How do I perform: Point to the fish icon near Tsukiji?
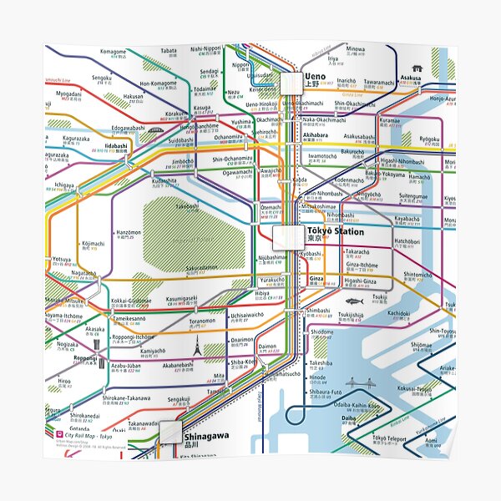click(x=351, y=299)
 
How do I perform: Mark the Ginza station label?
click(x=316, y=277)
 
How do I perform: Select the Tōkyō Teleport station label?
click(x=390, y=438)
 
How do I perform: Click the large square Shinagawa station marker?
click(x=171, y=431)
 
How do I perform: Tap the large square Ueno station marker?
click(x=294, y=82)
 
